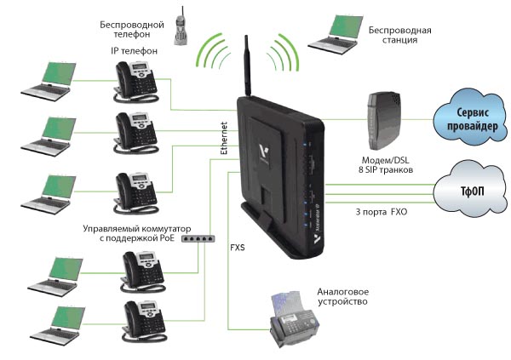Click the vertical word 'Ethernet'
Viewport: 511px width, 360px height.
[x=224, y=138]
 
